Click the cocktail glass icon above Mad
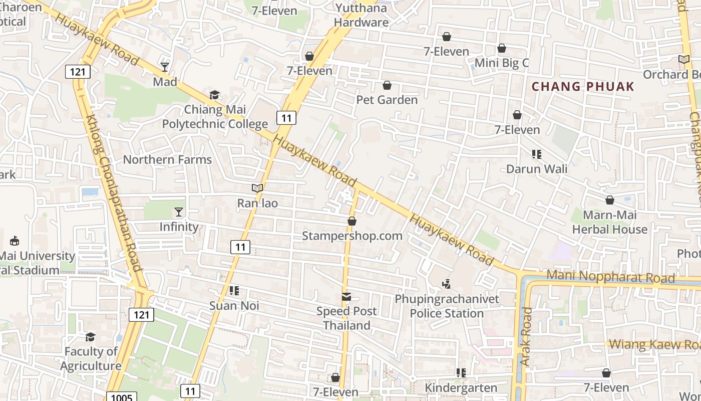165,67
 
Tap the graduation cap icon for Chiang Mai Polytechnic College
214,95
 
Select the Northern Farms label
167,160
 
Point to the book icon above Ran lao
257,188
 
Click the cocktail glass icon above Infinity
179,212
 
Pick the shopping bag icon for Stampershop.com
352,221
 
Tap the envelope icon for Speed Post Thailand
346,297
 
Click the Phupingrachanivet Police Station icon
447,284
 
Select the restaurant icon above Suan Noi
234,291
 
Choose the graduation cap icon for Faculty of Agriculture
90,337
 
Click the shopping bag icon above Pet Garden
387,85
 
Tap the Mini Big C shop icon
501,48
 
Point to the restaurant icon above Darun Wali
537,154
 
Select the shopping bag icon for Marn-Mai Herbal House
610,200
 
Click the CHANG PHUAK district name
583,87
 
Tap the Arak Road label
525,336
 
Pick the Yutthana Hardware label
361,15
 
